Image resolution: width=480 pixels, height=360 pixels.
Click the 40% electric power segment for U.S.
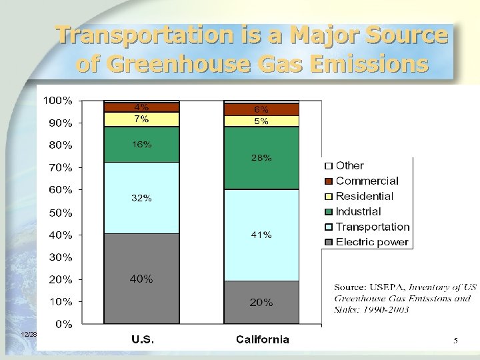click(x=141, y=279)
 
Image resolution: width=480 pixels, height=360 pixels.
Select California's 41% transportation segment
click(x=261, y=235)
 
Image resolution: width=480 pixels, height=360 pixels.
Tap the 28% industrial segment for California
click(x=261, y=158)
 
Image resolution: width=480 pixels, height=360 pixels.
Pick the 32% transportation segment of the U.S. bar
click(x=141, y=198)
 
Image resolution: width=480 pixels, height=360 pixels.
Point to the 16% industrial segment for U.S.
click(x=141, y=144)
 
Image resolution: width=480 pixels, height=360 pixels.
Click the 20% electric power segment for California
click(x=261, y=302)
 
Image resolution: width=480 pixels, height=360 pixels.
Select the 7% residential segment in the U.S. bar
click(x=141, y=119)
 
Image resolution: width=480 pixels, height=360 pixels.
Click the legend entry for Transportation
click(x=372, y=227)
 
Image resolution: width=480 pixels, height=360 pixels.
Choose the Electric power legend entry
click(x=372, y=242)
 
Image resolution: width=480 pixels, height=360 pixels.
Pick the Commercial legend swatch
click(x=328, y=181)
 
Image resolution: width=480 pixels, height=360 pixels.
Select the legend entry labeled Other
click(x=349, y=165)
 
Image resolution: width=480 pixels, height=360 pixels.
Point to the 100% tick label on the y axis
click(x=58, y=101)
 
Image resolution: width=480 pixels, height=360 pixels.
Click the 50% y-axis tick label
click(x=61, y=213)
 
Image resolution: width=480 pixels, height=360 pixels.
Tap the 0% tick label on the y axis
click(x=64, y=324)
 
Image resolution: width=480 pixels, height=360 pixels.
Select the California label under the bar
click(x=263, y=339)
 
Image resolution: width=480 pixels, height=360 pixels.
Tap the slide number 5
click(x=455, y=341)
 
